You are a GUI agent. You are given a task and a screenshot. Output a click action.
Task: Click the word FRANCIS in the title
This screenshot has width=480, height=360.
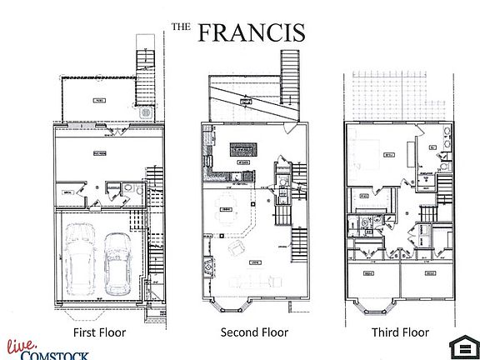[251, 32]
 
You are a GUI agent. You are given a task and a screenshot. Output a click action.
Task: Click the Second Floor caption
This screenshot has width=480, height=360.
[254, 332]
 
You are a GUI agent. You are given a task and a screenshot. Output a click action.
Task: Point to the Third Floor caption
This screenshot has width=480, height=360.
[401, 332]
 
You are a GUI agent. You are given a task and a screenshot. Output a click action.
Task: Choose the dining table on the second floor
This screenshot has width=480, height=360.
[227, 217]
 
